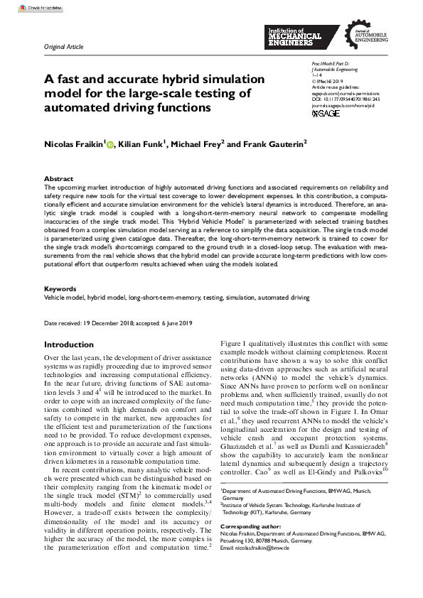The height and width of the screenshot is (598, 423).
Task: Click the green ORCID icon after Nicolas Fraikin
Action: tap(110, 144)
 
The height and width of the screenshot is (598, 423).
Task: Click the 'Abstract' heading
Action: tap(58, 179)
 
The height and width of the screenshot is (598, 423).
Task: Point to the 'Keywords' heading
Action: tap(60, 289)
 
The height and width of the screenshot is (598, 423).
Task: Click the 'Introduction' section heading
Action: tap(69, 344)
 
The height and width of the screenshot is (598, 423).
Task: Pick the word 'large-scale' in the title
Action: tap(140, 93)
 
